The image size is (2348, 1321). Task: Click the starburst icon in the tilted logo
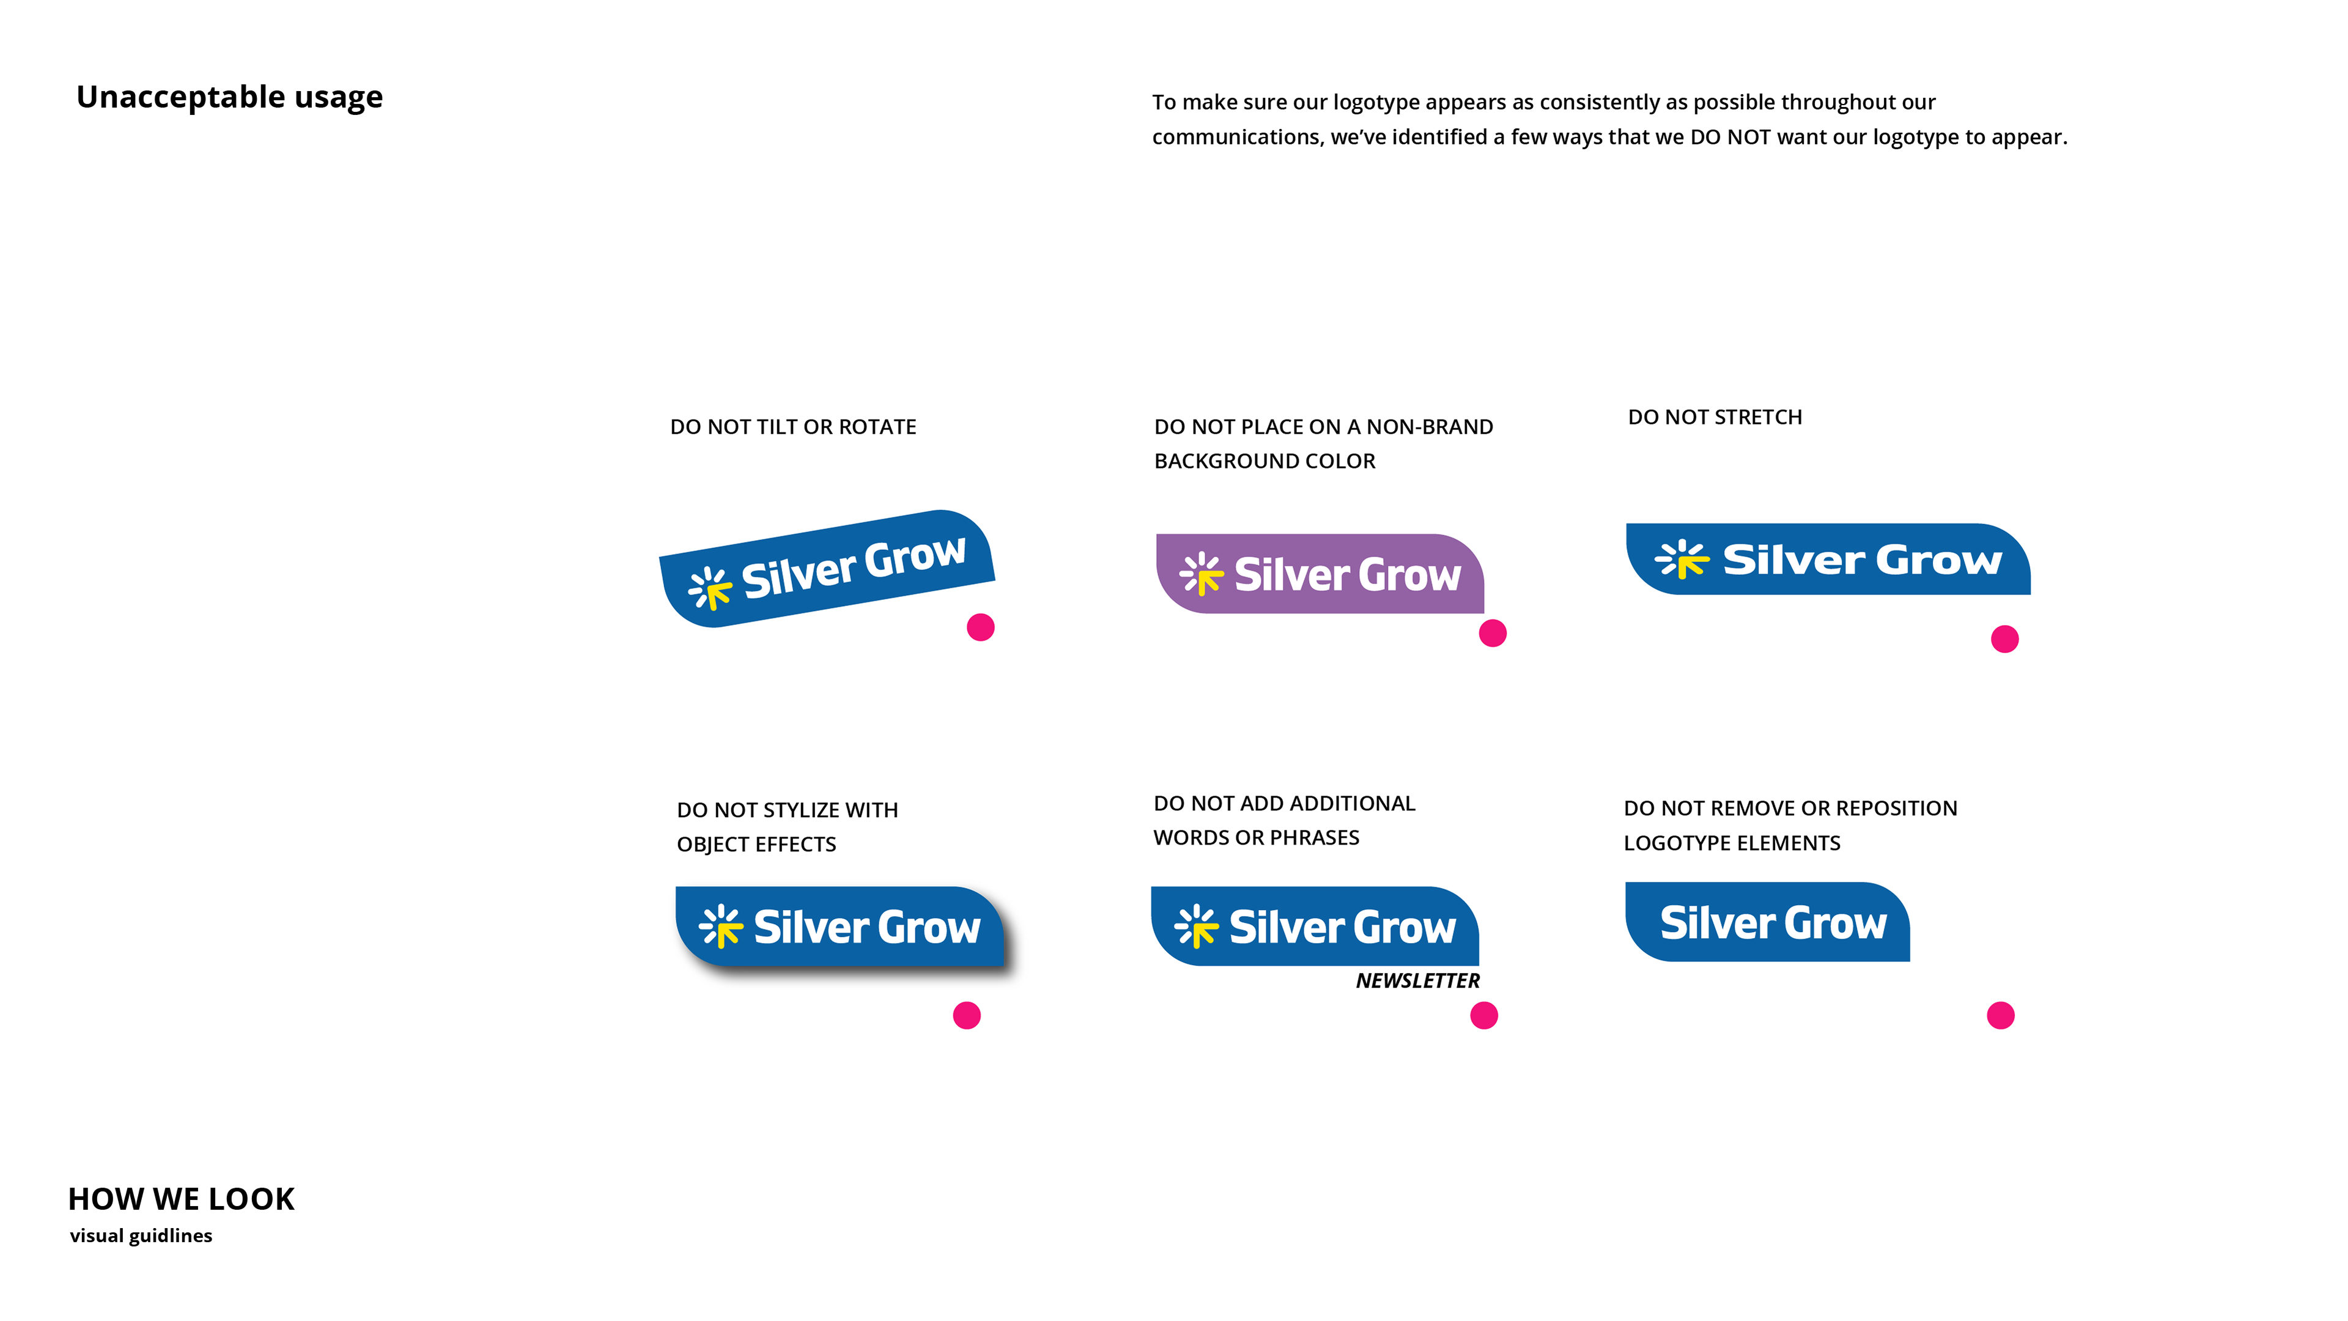coord(709,587)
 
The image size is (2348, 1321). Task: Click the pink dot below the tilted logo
coord(981,627)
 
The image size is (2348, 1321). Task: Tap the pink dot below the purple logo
coord(1492,633)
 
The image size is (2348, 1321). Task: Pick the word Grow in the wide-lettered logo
coord(1939,560)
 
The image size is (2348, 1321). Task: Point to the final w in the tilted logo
coord(947,550)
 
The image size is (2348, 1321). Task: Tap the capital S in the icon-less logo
coord(1674,923)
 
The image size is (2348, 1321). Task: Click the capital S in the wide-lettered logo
coord(1740,560)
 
